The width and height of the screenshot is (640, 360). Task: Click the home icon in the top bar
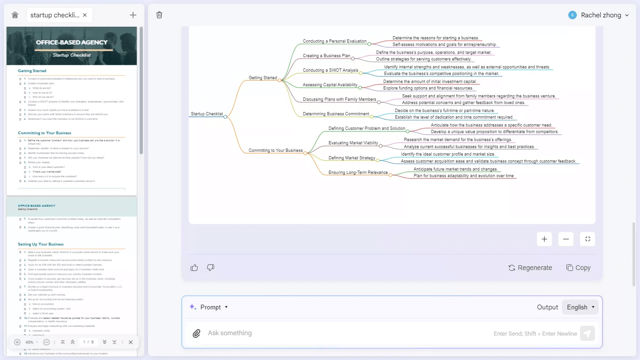[x=15, y=15]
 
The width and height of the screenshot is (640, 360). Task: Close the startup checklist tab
[x=85, y=15]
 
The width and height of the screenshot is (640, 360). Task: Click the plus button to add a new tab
[x=133, y=15]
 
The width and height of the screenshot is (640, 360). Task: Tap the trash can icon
[x=159, y=15]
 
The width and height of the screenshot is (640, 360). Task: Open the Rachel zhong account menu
[x=598, y=15]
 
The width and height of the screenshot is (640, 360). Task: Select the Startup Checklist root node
[x=207, y=114]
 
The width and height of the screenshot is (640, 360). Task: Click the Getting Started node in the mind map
[x=262, y=78]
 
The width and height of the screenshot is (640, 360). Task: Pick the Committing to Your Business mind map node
[x=275, y=150]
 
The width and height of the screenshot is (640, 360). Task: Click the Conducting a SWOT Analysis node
[x=330, y=70]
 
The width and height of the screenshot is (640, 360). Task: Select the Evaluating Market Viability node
[x=353, y=143]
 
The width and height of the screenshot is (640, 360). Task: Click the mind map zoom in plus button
[x=544, y=239]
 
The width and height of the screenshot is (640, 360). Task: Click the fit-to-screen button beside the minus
[x=588, y=239]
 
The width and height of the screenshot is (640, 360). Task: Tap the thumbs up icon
[x=194, y=268]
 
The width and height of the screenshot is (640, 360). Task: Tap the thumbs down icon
[x=210, y=268]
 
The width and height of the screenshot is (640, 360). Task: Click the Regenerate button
[x=530, y=268]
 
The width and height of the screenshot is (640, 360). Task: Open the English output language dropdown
[x=580, y=307]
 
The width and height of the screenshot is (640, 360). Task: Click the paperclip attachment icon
[x=197, y=333]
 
